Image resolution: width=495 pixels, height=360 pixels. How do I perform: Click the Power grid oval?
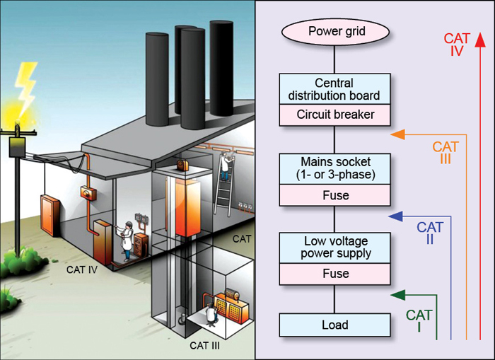click(x=334, y=32)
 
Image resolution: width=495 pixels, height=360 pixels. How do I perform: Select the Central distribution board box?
click(x=334, y=88)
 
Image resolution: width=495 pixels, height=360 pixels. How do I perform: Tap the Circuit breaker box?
click(x=334, y=113)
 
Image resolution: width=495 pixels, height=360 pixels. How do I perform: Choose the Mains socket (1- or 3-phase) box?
click(x=334, y=169)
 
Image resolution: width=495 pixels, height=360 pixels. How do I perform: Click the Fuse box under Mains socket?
click(x=334, y=194)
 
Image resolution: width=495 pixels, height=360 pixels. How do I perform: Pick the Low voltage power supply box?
click(x=334, y=247)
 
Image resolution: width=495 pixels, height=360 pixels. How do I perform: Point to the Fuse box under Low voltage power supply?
click(x=334, y=273)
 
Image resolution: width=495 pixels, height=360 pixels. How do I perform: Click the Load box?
click(x=334, y=325)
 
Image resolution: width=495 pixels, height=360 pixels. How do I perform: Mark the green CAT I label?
click(x=419, y=321)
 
